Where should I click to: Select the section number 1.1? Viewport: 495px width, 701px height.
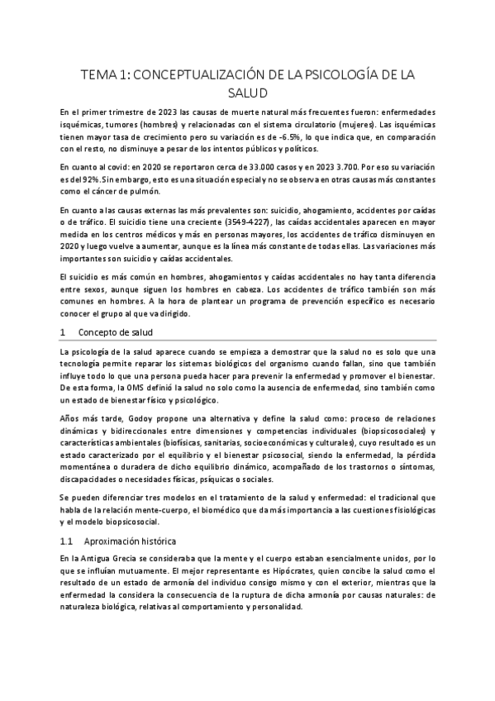[67, 541]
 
